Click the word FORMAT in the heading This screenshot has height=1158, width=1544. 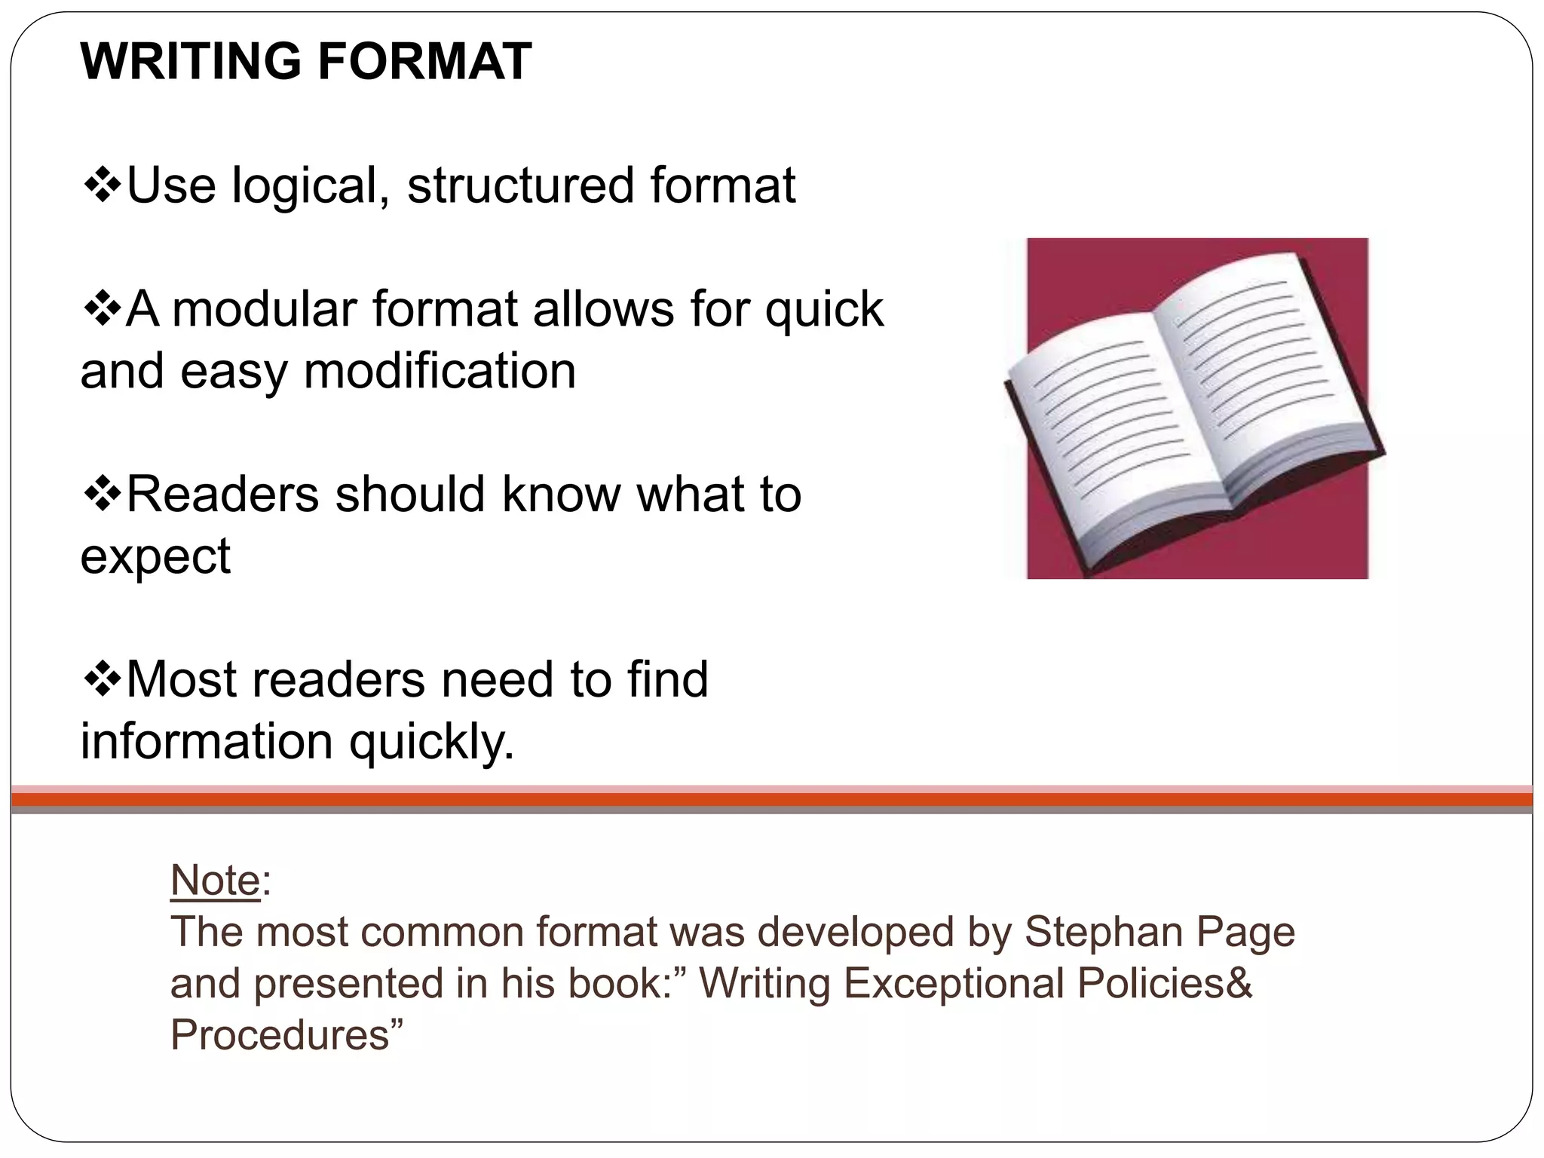pyautogui.click(x=424, y=61)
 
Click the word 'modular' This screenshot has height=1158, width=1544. pyautogui.click(x=264, y=309)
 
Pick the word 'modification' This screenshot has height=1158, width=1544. pyautogui.click(x=440, y=371)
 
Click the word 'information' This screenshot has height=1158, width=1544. pyautogui.click(x=207, y=740)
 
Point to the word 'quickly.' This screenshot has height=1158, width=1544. pyautogui.click(x=431, y=742)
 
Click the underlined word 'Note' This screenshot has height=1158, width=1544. pyautogui.click(x=215, y=880)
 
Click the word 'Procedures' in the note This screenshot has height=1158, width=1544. pyautogui.click(x=278, y=1034)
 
